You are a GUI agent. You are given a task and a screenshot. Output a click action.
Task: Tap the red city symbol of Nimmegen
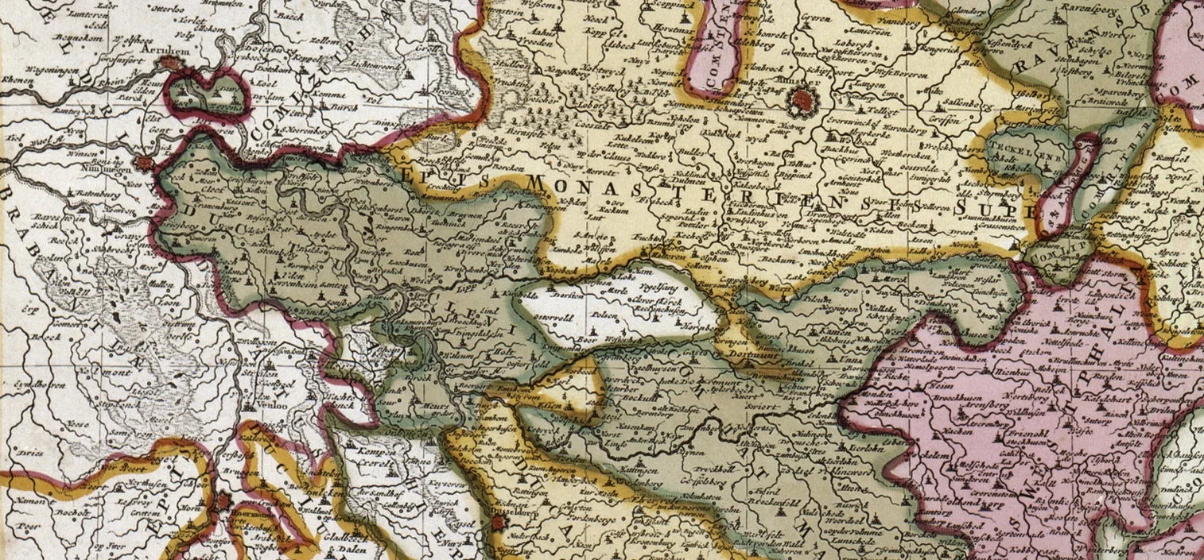(x=144, y=164)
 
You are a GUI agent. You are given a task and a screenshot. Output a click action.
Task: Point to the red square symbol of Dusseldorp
(x=499, y=523)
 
